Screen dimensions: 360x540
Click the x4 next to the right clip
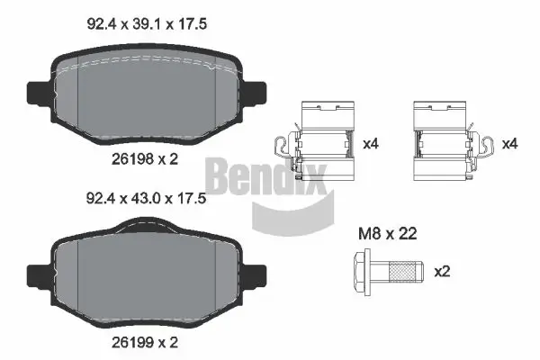click(x=508, y=143)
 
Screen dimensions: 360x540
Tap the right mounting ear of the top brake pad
click(x=258, y=93)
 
